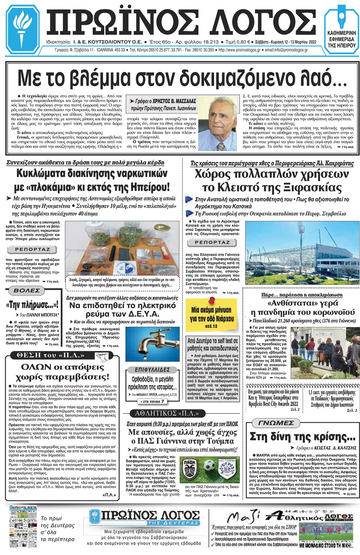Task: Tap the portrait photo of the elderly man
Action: tap(220, 123)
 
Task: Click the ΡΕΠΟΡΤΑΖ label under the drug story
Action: tap(33, 249)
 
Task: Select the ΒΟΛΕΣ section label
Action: tap(27, 291)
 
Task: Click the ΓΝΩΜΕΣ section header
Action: tap(276, 423)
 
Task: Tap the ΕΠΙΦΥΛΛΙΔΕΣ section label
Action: tap(152, 370)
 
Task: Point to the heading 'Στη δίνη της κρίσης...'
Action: tap(302, 437)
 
